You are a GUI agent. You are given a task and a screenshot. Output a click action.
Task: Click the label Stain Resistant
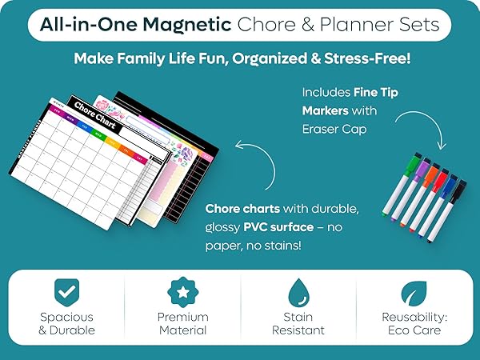pos(298,323)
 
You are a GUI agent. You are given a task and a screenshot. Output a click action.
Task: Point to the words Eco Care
pos(414,330)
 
